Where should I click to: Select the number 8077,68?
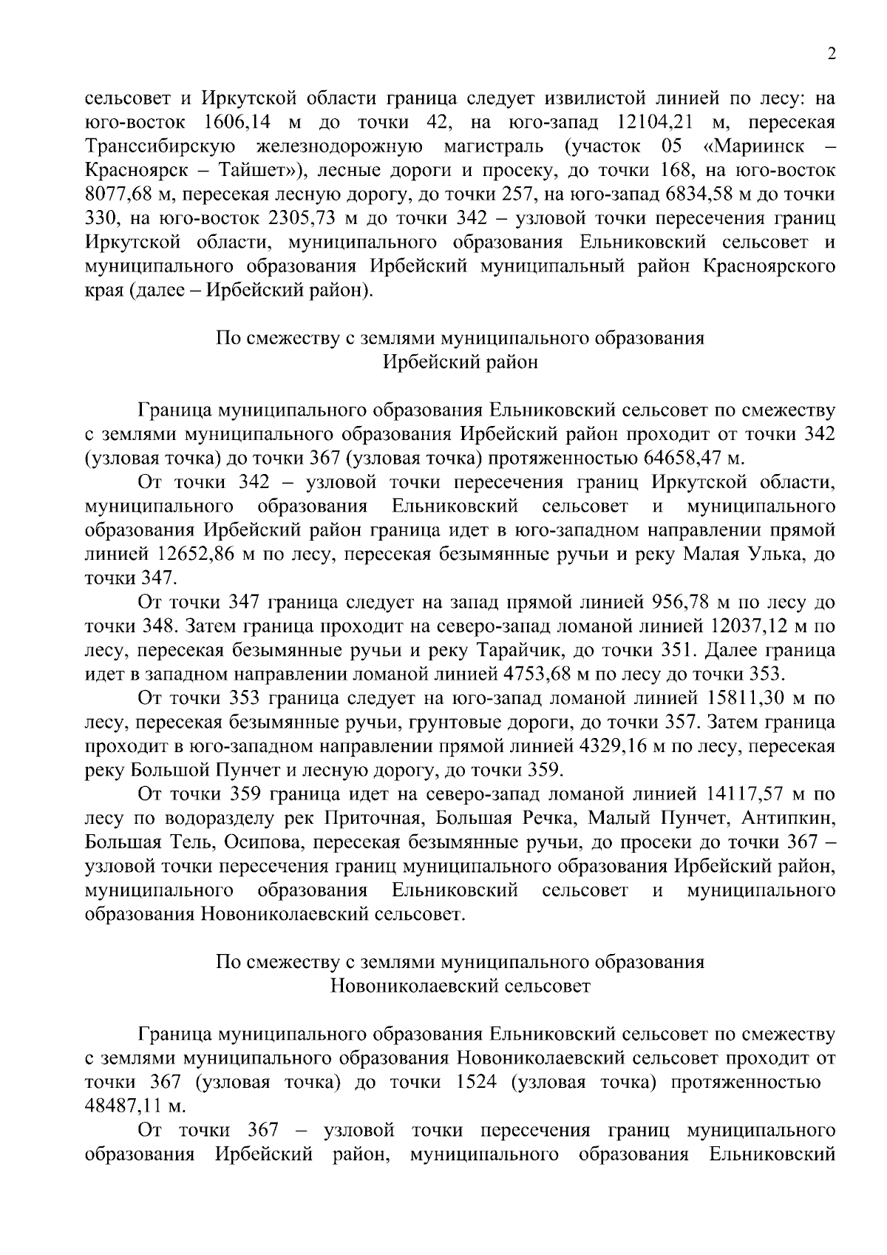(x=121, y=194)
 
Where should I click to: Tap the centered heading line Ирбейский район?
(x=460, y=362)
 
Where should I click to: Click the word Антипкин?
(x=789, y=819)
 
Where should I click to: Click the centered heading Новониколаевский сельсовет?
(x=460, y=987)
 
